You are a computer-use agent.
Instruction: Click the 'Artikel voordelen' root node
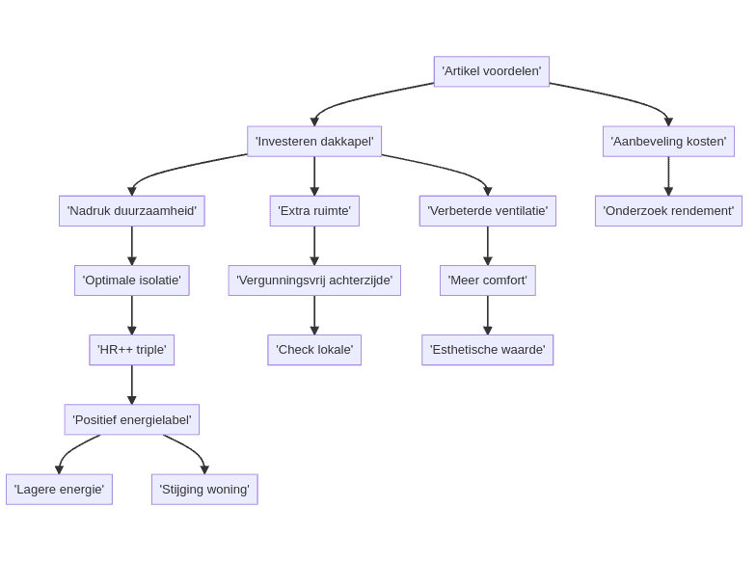pyautogui.click(x=491, y=71)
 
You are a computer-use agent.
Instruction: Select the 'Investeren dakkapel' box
pyautogui.click(x=314, y=141)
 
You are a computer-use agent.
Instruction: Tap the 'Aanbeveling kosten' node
pyautogui.click(x=668, y=141)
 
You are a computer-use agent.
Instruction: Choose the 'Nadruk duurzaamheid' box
pyautogui.click(x=132, y=210)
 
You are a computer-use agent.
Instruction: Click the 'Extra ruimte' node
pyautogui.click(x=314, y=210)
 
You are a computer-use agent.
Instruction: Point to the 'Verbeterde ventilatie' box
pyautogui.click(x=487, y=210)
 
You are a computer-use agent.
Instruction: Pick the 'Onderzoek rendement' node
pyautogui.click(x=668, y=210)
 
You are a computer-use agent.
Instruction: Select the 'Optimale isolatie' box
pyautogui.click(x=132, y=280)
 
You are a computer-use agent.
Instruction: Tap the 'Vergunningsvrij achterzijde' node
pyautogui.click(x=314, y=280)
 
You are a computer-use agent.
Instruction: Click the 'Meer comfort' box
pyautogui.click(x=487, y=280)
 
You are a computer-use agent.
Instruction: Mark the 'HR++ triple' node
pyautogui.click(x=132, y=350)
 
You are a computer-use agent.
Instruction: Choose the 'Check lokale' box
pyautogui.click(x=314, y=350)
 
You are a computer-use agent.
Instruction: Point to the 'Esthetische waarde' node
pyautogui.click(x=487, y=350)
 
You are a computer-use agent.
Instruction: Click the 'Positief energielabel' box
pyautogui.click(x=132, y=419)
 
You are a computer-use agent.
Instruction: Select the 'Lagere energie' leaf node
pyautogui.click(x=59, y=489)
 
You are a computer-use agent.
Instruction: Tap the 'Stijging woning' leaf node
pyautogui.click(x=204, y=489)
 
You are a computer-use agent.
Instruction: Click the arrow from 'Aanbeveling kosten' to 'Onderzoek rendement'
pyautogui.click(x=668, y=175)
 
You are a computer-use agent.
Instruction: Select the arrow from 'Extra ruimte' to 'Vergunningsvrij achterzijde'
pyautogui.click(x=314, y=245)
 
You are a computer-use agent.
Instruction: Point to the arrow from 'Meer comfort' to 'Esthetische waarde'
pyautogui.click(x=488, y=314)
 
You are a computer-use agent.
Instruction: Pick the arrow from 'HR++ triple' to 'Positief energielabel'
pyautogui.click(x=132, y=384)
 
